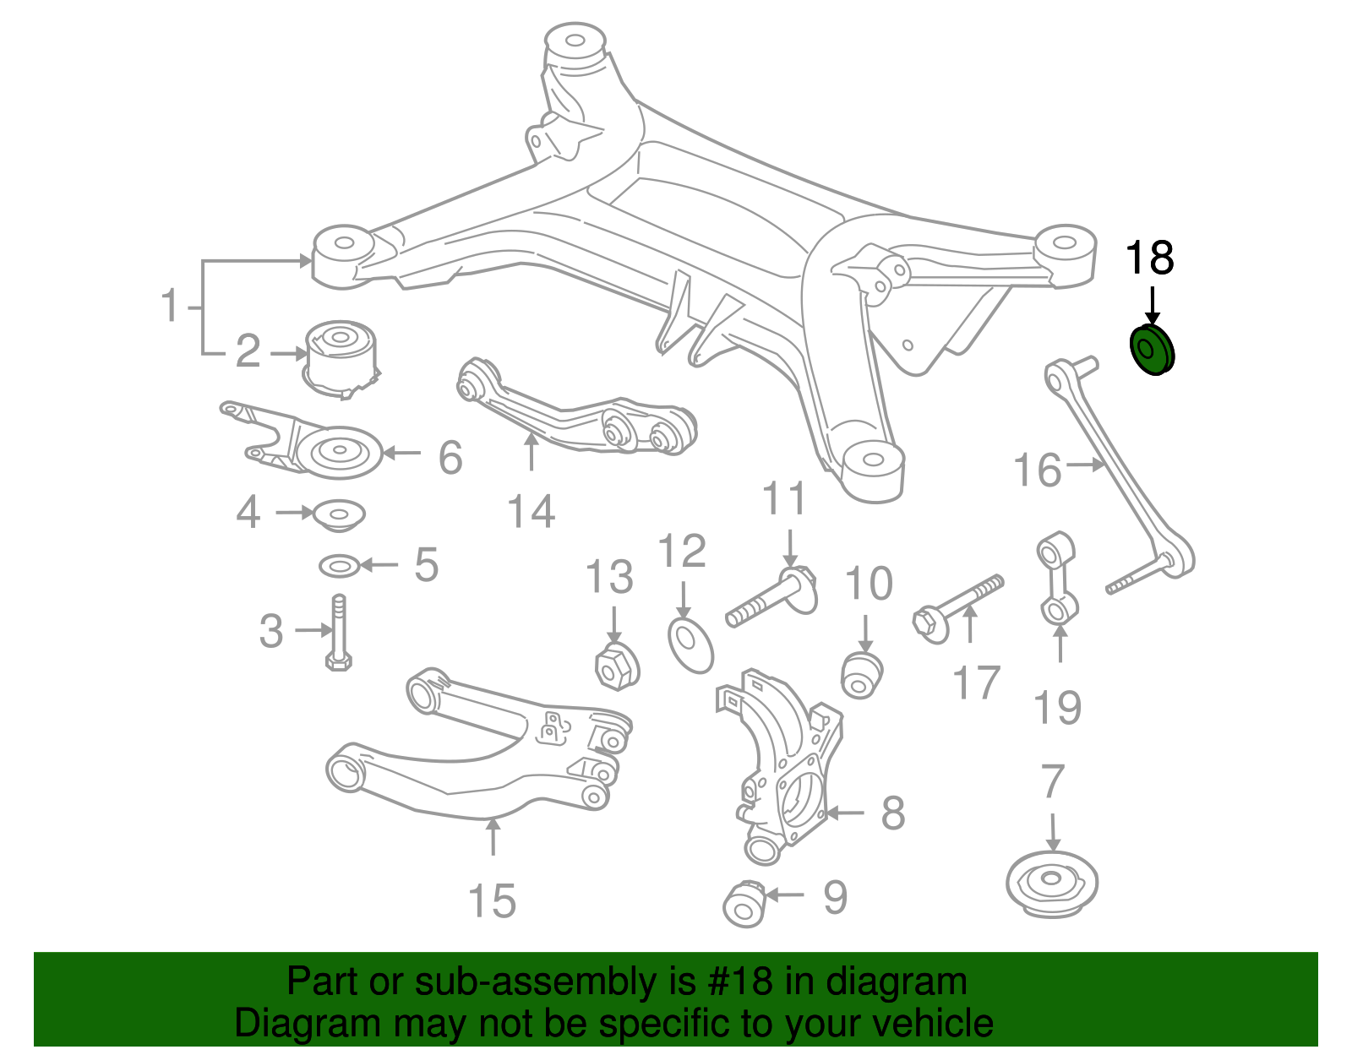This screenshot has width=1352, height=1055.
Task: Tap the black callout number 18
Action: point(1149,258)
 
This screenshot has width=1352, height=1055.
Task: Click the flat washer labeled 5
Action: point(340,565)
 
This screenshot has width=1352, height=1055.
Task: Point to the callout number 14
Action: point(531,511)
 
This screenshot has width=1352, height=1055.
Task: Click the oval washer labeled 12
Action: point(690,645)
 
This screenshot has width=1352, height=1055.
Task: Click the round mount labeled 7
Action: point(1051,883)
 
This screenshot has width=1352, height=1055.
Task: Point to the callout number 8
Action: point(892,813)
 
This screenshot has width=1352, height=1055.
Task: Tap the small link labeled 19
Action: point(1056,579)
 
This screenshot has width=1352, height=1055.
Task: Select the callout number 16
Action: point(1038,470)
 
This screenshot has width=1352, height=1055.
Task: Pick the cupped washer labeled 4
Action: point(339,514)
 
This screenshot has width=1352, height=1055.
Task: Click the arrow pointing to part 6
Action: point(402,454)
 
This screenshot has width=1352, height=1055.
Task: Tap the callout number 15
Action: point(492,901)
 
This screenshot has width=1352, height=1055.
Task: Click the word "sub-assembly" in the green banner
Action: point(491,982)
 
